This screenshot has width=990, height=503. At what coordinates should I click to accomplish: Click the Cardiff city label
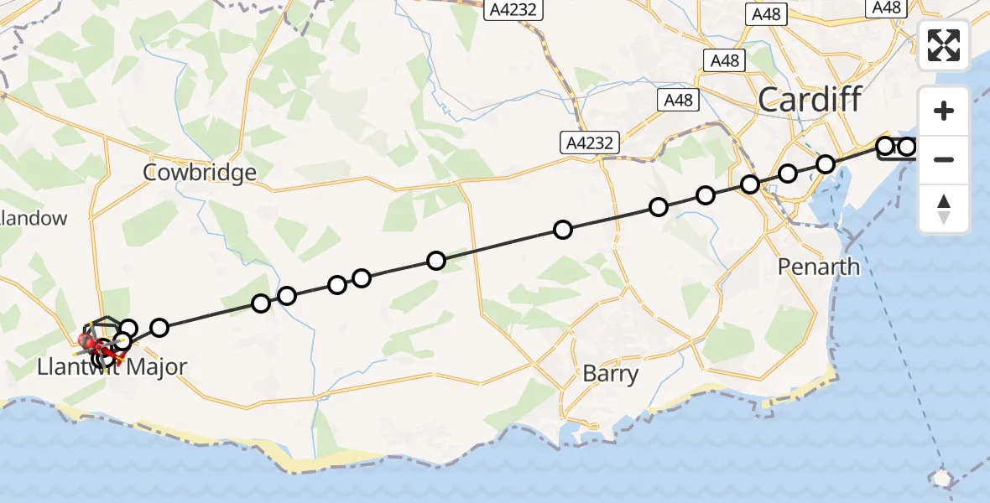tap(810, 100)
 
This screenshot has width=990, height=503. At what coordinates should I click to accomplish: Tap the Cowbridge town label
tap(200, 173)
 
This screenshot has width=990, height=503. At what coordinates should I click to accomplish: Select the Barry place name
tap(610, 373)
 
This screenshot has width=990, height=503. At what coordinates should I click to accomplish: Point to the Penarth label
tap(818, 267)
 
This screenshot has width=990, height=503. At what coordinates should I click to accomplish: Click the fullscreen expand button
tap(944, 45)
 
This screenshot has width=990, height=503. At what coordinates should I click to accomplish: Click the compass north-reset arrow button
tap(944, 208)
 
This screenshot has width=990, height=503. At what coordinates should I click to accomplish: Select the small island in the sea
tap(942, 478)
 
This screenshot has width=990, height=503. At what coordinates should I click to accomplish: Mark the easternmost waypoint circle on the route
tap(907, 148)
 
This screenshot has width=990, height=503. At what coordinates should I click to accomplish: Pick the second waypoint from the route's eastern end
tap(885, 147)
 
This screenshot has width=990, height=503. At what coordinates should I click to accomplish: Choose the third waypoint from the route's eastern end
tap(826, 163)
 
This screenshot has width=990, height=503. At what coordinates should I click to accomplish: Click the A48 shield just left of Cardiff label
tap(678, 100)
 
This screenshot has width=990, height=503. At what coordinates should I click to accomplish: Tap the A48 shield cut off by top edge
tap(887, 8)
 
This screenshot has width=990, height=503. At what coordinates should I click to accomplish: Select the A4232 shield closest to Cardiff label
tap(590, 143)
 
